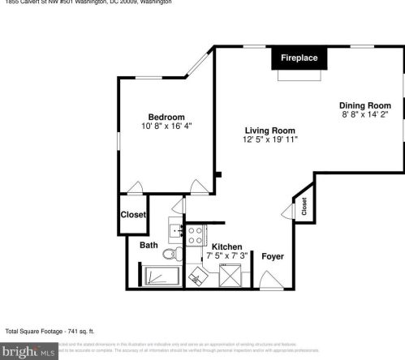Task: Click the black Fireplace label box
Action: pyautogui.click(x=299, y=58)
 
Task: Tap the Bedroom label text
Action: pyautogui.click(x=166, y=117)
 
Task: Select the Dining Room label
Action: pyautogui.click(x=364, y=105)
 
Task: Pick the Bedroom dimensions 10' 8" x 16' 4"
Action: pyautogui.click(x=166, y=126)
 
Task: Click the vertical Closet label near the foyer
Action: pyautogui.click(x=304, y=208)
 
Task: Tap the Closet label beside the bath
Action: pyautogui.click(x=132, y=215)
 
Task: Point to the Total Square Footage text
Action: pyautogui.click(x=50, y=331)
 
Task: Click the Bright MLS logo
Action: pyautogui.click(x=29, y=351)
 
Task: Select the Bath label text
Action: pyautogui.click(x=149, y=245)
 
